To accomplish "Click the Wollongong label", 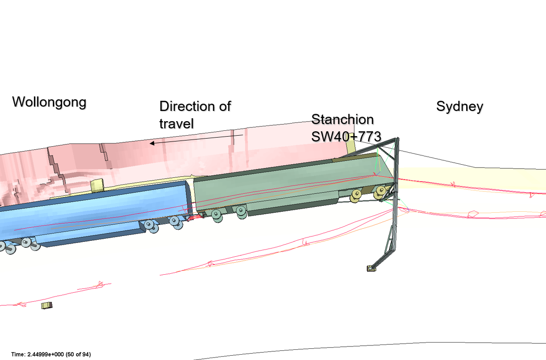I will point(49,102).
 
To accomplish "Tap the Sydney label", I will point(459,107).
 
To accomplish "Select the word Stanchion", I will point(342,120).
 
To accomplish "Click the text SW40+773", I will point(346,137).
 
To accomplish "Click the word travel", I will point(176,124).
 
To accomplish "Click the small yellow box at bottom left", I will point(47,305).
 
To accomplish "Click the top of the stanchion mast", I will point(397,140).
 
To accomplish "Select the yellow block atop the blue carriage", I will point(97,185).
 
